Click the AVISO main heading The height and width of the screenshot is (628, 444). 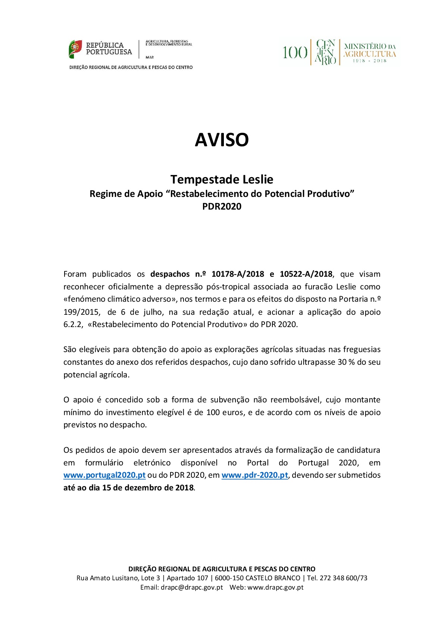click(222, 140)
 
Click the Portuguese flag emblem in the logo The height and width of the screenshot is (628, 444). click(75, 49)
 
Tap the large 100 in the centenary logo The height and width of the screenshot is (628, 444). click(295, 53)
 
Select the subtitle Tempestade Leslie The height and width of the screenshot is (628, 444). click(222, 179)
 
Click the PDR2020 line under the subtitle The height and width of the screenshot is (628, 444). click(222, 206)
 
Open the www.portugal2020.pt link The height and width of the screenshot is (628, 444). click(104, 475)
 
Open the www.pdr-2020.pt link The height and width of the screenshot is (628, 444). click(254, 475)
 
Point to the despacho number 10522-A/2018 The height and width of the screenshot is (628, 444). click(306, 274)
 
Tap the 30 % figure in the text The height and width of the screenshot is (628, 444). click(346, 362)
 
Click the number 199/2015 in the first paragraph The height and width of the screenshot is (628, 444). click(81, 312)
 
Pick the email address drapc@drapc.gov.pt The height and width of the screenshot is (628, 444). click(192, 587)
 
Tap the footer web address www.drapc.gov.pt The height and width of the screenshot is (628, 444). click(275, 587)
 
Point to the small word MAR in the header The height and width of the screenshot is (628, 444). click(150, 57)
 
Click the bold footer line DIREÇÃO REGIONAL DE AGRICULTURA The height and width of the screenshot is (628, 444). click(222, 569)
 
